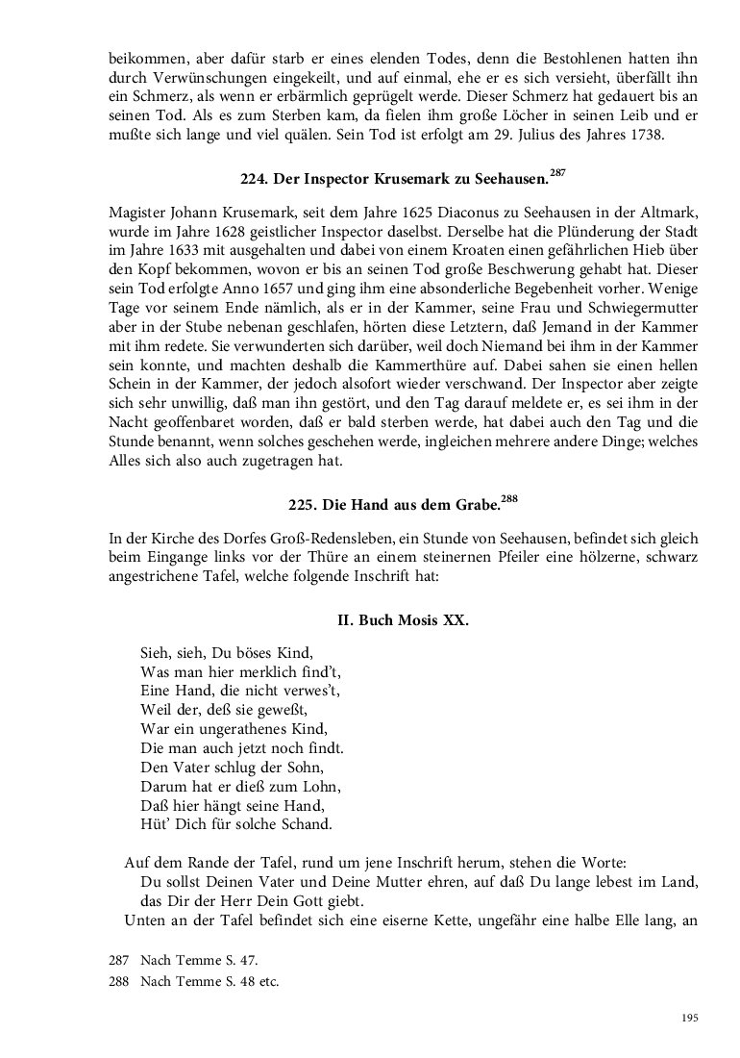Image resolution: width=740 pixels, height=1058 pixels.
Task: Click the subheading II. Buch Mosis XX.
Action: tap(404, 620)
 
